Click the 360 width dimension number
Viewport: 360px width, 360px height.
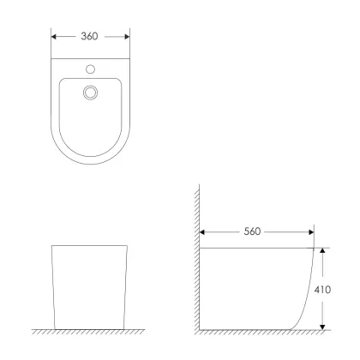[x=89, y=36]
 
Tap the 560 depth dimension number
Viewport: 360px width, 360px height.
[x=252, y=231]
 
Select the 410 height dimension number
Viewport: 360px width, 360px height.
[x=322, y=290]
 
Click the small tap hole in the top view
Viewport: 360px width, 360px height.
[x=90, y=69]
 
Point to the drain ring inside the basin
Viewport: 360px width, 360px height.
[x=90, y=93]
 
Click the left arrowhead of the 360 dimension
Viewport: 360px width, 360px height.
[x=53, y=37]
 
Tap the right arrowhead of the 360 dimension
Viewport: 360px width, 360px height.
[x=127, y=37]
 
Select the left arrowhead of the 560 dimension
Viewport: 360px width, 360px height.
[x=202, y=232]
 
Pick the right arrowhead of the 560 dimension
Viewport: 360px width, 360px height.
[x=311, y=232]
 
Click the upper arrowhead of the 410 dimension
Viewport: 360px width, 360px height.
[x=322, y=250]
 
